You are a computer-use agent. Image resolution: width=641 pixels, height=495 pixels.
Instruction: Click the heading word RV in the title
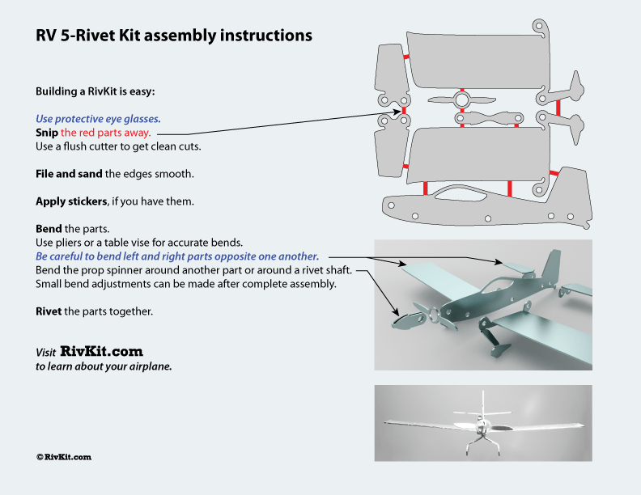[x=46, y=36]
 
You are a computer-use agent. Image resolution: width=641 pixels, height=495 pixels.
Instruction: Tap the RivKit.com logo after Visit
[x=101, y=352]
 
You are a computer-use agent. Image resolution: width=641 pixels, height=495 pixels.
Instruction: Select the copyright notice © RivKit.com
[x=63, y=457]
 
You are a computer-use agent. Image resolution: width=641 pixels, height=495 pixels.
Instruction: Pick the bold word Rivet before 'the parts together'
[x=49, y=311]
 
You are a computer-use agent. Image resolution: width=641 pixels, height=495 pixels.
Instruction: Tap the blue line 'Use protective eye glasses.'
[x=98, y=118]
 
